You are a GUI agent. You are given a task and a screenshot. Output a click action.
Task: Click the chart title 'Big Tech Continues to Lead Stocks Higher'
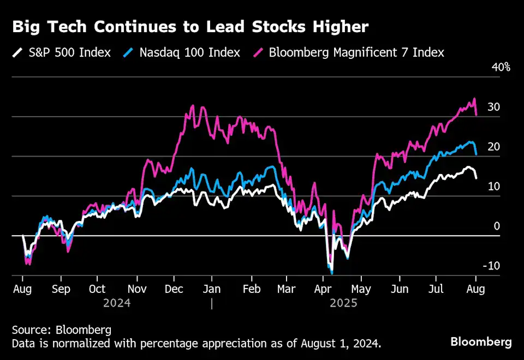(190, 27)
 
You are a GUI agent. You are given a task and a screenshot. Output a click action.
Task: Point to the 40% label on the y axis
(500, 68)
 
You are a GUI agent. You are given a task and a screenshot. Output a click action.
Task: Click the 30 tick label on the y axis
(493, 107)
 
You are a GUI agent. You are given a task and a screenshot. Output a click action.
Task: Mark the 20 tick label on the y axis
(493, 147)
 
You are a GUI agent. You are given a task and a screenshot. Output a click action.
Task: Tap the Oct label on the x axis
(97, 289)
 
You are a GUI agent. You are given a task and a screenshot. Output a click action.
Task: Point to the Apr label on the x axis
(324, 289)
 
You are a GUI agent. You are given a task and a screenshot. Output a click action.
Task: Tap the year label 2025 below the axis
(343, 303)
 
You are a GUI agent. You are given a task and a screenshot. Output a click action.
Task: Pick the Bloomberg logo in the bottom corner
(481, 342)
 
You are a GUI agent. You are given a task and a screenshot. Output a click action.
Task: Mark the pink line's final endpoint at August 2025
(477, 115)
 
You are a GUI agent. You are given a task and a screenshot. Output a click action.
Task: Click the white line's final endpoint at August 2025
(477, 178)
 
